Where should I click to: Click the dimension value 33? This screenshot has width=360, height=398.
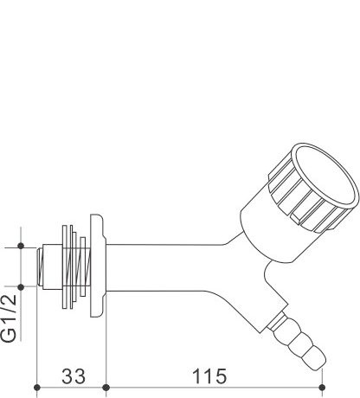74,376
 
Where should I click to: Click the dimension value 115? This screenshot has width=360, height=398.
209,376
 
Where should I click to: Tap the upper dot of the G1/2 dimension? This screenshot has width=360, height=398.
21,246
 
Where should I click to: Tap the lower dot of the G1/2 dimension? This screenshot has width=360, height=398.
21,287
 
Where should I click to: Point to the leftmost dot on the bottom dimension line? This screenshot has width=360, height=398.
36,388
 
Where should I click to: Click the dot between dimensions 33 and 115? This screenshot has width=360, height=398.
106,388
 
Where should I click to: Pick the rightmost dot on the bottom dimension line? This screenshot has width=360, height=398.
323,388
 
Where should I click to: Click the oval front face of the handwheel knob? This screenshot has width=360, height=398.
325,175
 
